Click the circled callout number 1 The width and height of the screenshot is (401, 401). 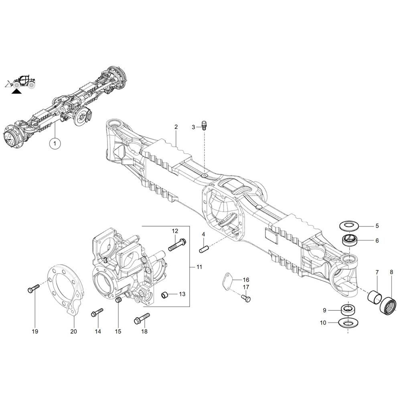(55, 143)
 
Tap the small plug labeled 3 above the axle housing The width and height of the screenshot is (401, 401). (205, 125)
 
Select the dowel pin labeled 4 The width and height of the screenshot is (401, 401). (204, 249)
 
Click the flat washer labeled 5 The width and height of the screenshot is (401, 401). (349, 226)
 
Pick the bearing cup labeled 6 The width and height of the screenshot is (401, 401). (350, 241)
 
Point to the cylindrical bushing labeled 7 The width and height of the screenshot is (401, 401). (375, 296)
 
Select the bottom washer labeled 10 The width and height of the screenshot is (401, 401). (348, 323)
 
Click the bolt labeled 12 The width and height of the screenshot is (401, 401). (177, 244)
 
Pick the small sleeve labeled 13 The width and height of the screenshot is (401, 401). (164, 295)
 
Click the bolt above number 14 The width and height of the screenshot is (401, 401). (97, 312)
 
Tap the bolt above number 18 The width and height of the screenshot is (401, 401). (142, 318)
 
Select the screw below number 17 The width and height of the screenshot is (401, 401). (246, 298)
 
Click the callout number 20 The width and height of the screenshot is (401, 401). (73, 332)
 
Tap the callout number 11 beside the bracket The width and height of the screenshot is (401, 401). (199, 267)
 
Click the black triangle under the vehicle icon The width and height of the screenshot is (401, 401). (16, 91)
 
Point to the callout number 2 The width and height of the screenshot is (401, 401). (176, 127)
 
